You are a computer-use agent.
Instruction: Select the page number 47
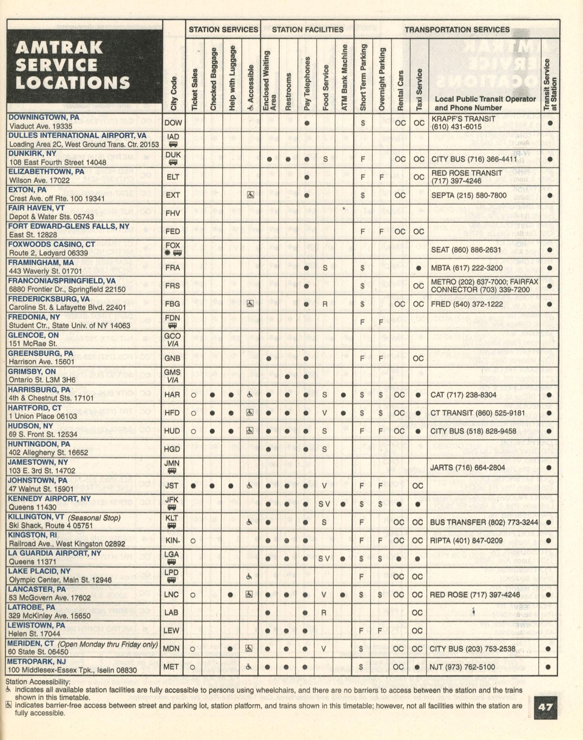[545, 707]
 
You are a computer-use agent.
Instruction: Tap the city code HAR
[172, 395]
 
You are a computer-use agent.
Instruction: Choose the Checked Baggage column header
[213, 79]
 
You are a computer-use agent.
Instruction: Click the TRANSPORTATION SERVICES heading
[457, 30]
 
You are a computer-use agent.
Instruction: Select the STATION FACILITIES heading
[307, 30]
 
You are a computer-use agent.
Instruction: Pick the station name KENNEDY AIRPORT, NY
[49, 499]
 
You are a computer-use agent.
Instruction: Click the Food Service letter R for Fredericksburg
[325, 304]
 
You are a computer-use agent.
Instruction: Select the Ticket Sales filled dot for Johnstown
[193, 486]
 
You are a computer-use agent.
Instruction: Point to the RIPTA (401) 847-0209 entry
[466, 540]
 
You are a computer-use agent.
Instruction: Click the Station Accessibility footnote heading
[38, 682]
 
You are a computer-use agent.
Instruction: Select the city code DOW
[173, 123]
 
